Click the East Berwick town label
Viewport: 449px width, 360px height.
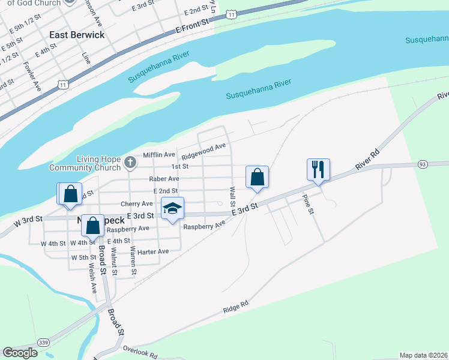tap(77, 35)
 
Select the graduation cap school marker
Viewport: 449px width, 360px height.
tap(173, 208)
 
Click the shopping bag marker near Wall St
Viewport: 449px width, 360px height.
tap(257, 177)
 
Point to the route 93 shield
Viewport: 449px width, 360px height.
tap(423, 164)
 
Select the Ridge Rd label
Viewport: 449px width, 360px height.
tap(235, 308)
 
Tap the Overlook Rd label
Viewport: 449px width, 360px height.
tap(140, 351)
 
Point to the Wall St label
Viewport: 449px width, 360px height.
tap(232, 196)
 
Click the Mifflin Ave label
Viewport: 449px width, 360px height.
tap(159, 155)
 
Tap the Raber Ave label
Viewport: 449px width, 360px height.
tap(164, 179)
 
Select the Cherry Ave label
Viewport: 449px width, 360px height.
tap(137, 204)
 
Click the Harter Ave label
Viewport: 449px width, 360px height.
tap(154, 251)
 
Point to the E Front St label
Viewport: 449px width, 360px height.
tap(191, 25)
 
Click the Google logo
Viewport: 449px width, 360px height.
tap(20, 353)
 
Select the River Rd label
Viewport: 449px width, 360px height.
tap(367, 158)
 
